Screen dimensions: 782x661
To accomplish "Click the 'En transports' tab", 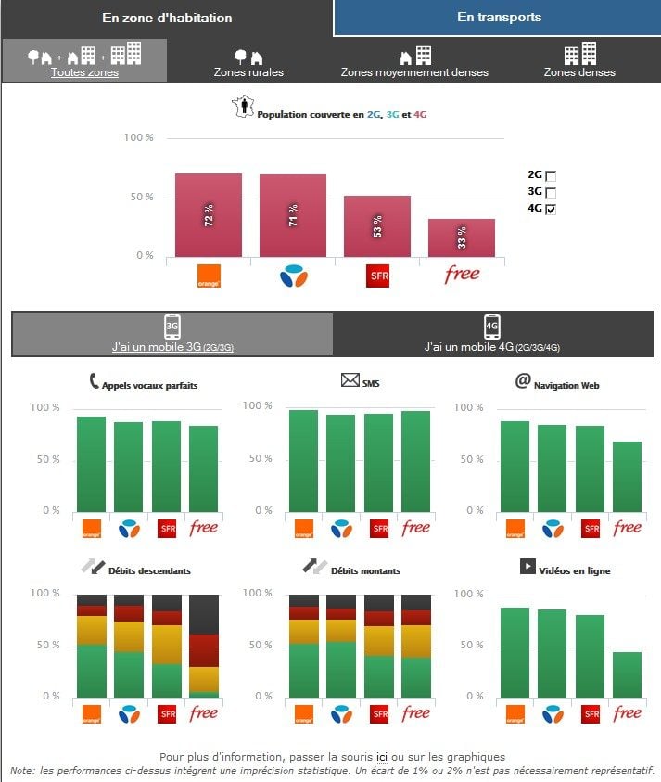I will (499, 18).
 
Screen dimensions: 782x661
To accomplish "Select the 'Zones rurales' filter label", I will (248, 71).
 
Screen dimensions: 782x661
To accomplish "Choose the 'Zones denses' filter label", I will (579, 71).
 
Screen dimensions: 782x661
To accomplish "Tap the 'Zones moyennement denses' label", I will (414, 71).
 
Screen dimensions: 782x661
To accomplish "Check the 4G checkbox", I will (551, 210).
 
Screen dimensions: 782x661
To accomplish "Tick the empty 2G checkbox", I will (551, 175).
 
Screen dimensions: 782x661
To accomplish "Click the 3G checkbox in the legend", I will (551, 192).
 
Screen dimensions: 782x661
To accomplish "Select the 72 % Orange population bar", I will (209, 215).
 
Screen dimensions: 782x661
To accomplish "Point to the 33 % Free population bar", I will (462, 237).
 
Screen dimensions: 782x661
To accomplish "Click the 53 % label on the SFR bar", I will (377, 226).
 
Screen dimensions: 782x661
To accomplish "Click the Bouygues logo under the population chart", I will (293, 276).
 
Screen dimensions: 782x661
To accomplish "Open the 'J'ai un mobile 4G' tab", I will (492, 334).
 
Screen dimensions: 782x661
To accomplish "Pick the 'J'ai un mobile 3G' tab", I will (172, 334).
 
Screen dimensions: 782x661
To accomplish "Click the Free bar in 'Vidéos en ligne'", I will (627, 673).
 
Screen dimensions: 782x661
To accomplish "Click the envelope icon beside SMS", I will (350, 379).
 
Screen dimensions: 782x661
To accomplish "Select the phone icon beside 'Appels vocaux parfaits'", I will (94, 380).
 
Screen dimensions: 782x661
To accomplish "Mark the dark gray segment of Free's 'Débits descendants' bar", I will (204, 614).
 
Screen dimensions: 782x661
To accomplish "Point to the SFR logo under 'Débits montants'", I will (379, 713).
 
